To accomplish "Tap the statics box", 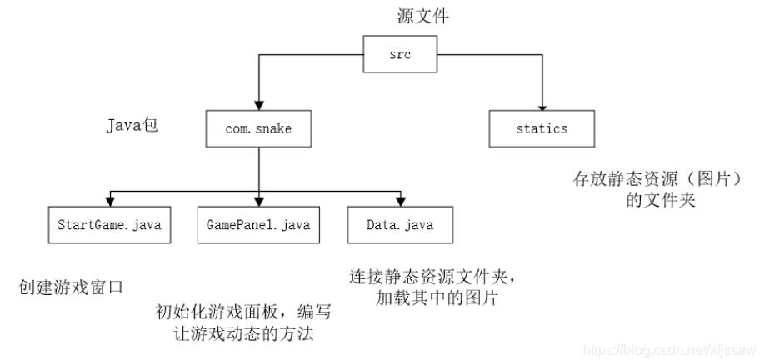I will (541, 129).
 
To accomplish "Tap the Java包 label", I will (132, 127).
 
